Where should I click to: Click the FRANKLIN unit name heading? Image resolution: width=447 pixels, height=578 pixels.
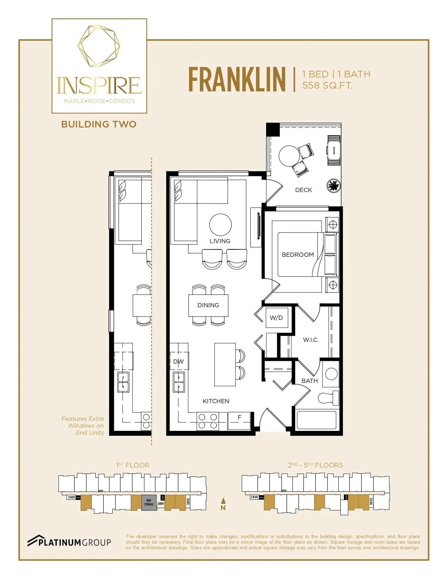coord(237,80)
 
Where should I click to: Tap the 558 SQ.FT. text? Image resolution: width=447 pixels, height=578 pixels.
coord(327,85)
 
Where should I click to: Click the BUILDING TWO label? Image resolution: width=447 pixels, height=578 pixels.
coord(99,124)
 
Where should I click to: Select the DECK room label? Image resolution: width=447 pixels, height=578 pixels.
coord(303,190)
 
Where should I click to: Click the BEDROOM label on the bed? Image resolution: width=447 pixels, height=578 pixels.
coord(298,255)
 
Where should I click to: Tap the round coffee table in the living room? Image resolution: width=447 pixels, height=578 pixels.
coord(220,225)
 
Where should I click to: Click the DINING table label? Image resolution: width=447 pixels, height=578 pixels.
coord(208,305)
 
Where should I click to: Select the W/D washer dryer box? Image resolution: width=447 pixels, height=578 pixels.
coord(277,318)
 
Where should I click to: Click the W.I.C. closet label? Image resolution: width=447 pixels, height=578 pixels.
coord(311,340)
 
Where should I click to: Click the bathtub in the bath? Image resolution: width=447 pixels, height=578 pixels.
coord(316,420)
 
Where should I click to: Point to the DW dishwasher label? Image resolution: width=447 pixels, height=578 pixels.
coord(178,362)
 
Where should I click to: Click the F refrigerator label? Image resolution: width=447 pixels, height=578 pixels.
coord(239,417)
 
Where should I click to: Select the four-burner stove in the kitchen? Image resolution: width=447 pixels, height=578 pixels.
coord(207,421)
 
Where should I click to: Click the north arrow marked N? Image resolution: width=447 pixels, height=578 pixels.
coord(223,504)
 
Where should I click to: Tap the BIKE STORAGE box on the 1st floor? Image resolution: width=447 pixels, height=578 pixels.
coord(149,503)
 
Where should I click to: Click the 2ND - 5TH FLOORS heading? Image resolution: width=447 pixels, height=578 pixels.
coord(315,465)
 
